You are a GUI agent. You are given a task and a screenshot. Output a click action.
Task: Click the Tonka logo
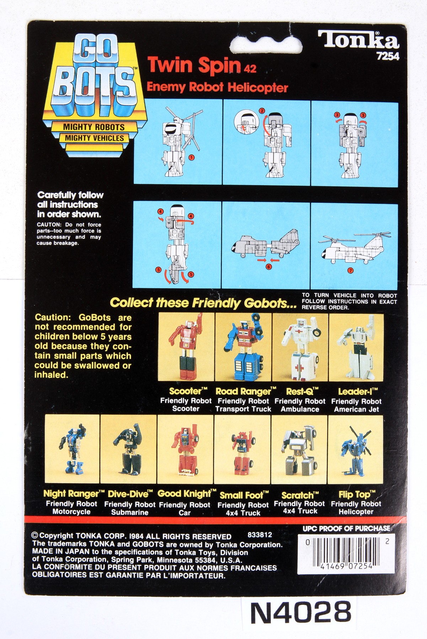[x=358, y=40]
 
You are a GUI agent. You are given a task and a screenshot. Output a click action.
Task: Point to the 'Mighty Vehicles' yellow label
[x=95, y=138]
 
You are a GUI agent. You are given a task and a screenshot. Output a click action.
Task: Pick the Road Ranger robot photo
[x=244, y=347]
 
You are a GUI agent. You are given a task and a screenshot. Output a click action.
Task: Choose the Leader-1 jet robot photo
[x=356, y=347]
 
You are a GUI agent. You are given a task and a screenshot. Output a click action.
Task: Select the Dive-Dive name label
[x=130, y=494]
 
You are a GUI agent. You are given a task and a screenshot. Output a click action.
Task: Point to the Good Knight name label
[x=187, y=494]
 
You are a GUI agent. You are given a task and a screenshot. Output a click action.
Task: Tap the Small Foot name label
[x=244, y=495]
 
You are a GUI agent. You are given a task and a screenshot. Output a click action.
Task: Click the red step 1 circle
[x=192, y=158]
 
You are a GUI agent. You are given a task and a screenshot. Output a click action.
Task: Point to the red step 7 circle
[x=351, y=271]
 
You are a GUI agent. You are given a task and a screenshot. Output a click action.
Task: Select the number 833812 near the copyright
[x=260, y=535]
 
